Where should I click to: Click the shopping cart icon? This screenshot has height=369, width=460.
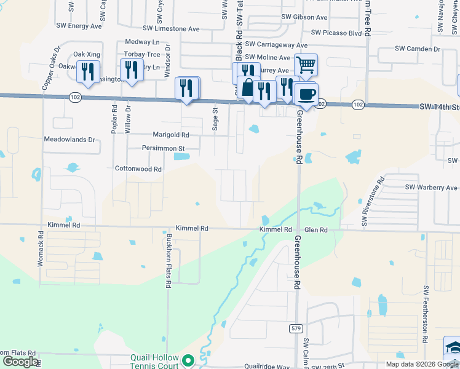click(x=306, y=65)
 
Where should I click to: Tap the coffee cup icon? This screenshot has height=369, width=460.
click(x=306, y=94)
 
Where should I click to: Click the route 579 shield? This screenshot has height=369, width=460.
click(x=296, y=328)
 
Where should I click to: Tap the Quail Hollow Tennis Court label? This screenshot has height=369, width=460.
click(x=154, y=362)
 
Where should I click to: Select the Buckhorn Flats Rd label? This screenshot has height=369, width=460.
click(x=168, y=261)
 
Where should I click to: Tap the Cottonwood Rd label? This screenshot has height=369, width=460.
click(x=138, y=169)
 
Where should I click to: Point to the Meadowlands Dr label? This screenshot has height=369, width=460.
click(x=69, y=140)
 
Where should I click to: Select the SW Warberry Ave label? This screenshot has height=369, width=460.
click(x=431, y=188)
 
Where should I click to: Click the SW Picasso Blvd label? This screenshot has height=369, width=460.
click(x=336, y=33)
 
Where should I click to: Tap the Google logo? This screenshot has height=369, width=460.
click(x=20, y=362)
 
